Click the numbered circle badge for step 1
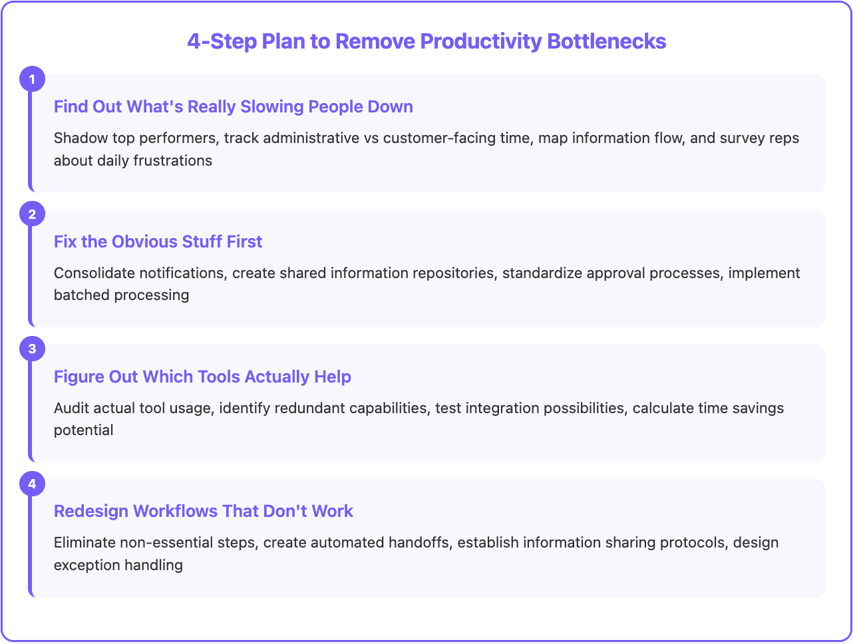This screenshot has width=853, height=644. (32, 79)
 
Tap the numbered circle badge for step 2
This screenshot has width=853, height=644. (32, 214)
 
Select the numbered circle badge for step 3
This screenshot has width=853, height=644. (32, 349)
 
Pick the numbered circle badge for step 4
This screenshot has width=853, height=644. (32, 484)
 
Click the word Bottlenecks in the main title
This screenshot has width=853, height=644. (607, 41)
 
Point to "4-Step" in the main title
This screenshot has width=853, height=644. (222, 41)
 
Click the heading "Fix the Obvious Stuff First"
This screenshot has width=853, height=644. (158, 241)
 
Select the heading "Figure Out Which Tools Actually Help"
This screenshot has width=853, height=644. (202, 377)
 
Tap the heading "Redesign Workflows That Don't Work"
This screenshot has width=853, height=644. (204, 511)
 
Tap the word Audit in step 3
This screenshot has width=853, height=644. (71, 408)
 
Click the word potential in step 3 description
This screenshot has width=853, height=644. (84, 430)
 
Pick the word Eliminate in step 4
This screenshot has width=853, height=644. (85, 542)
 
